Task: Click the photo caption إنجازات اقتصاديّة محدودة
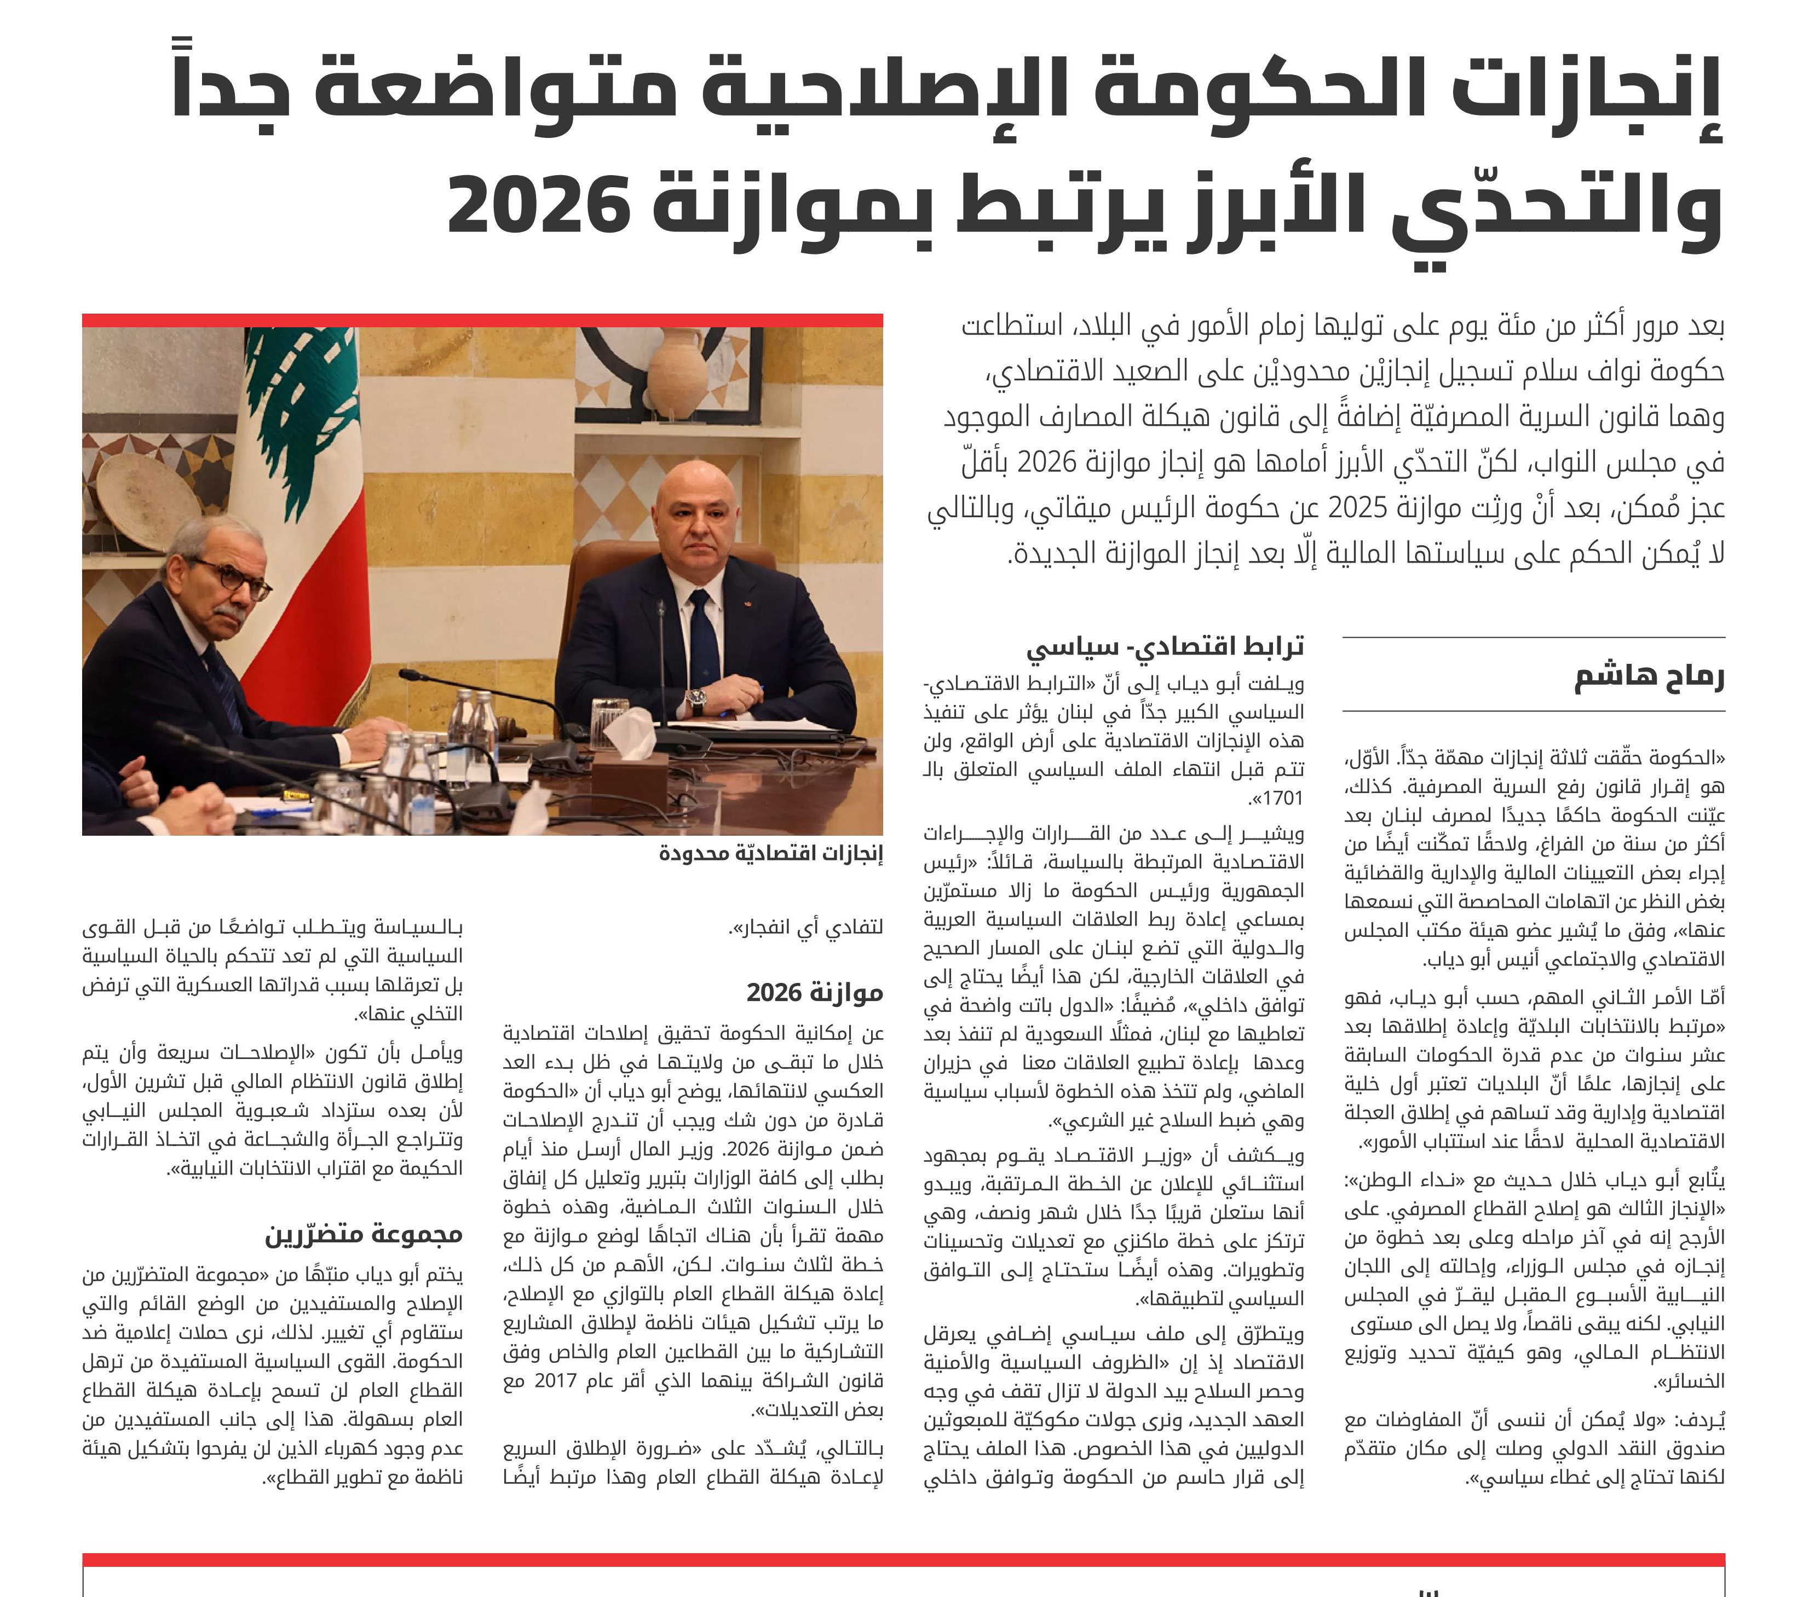click(x=771, y=854)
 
